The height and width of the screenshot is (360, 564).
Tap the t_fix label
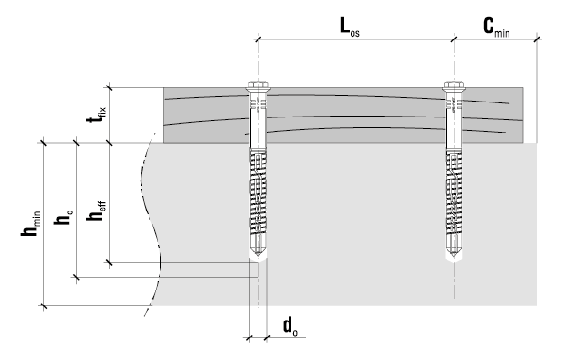pyautogui.click(x=88, y=117)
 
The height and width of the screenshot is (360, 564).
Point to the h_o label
pyautogui.click(x=62, y=220)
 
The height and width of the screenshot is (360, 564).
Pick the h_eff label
pyautogui.click(x=96, y=216)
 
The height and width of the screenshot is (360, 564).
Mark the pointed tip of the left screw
pyautogui.click(x=256, y=255)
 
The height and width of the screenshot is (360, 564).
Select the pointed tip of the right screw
pyautogui.click(x=453, y=255)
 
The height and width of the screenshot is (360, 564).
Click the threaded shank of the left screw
pyautogui.click(x=256, y=197)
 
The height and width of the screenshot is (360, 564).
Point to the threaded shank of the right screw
pyautogui.click(x=453, y=197)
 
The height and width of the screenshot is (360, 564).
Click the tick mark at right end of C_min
pyautogui.click(x=537, y=39)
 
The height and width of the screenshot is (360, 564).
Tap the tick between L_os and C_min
pyautogui.click(x=453, y=39)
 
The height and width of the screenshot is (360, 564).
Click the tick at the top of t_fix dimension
pyautogui.click(x=110, y=87)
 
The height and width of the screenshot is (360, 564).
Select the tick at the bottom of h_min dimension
pyautogui.click(x=43, y=305)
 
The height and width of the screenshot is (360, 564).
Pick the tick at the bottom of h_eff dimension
pyautogui.click(x=110, y=262)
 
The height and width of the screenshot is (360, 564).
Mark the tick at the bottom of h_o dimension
pyautogui.click(x=76, y=278)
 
